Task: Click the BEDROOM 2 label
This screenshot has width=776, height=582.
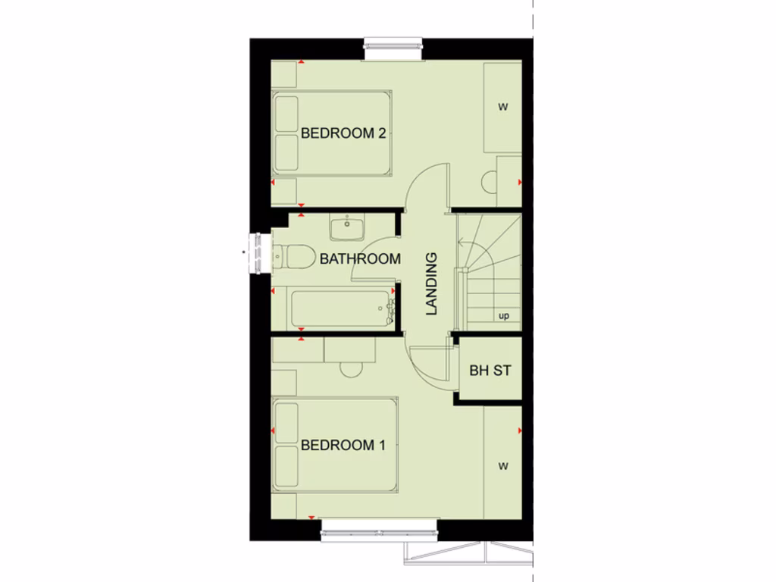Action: click(x=343, y=133)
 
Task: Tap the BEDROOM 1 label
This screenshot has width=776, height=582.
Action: click(x=343, y=445)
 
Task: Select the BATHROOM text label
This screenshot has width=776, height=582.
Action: click(x=360, y=258)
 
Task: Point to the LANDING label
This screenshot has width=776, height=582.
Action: click(x=431, y=283)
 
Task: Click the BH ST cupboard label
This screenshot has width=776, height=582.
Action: click(x=490, y=371)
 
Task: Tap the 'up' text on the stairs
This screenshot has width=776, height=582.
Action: click(x=504, y=316)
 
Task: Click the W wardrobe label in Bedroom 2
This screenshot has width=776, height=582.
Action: click(x=502, y=107)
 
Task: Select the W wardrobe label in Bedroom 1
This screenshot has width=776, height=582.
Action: click(x=502, y=466)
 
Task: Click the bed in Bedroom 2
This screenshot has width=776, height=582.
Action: click(x=332, y=133)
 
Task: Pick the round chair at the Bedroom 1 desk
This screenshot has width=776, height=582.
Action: click(x=351, y=369)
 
